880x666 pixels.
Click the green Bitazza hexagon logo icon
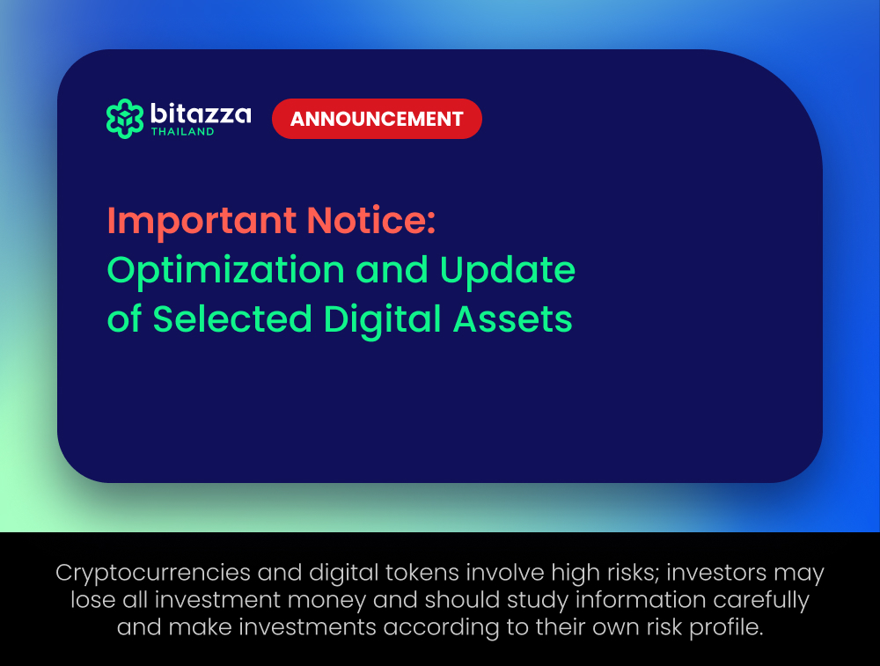[125, 119]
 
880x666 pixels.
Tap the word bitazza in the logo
[201, 113]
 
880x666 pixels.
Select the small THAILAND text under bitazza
[182, 132]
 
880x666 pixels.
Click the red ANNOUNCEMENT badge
[377, 119]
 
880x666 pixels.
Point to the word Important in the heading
[202, 221]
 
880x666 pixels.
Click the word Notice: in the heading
[371, 220]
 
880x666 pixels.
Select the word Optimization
[225, 271]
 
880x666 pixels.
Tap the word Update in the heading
[508, 271]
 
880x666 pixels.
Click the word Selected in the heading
[231, 318]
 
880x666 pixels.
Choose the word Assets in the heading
[512, 319]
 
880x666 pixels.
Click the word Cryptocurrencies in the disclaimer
[153, 574]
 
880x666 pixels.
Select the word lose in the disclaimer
[92, 600]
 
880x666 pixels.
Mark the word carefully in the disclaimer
[761, 601]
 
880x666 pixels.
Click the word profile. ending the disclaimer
[726, 627]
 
